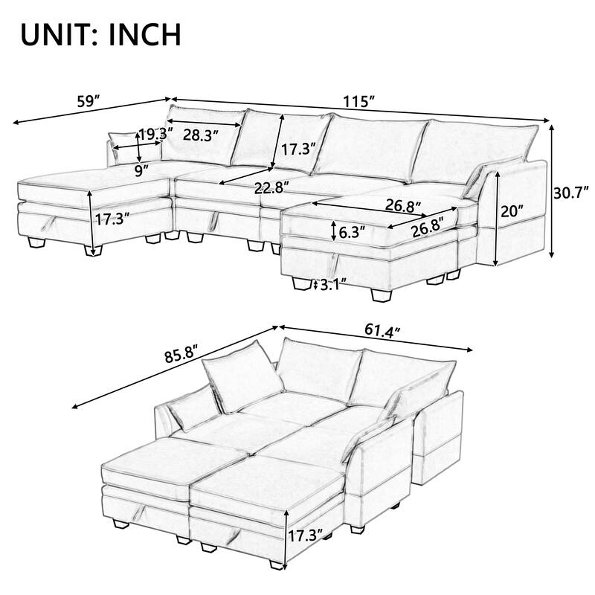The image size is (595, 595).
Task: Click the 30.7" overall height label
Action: click(573, 190)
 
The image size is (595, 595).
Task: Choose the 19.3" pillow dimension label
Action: click(156, 135)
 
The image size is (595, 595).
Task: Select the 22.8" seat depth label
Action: click(271, 187)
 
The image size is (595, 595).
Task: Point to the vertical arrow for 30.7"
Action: click(552, 190)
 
